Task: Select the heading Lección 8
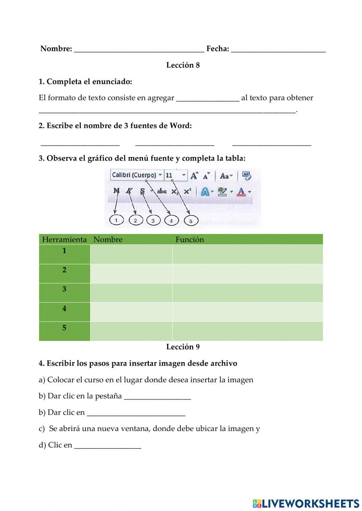point(183,65)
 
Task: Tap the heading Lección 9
point(183,347)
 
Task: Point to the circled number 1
point(116,220)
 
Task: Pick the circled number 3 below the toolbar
point(153,220)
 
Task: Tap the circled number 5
point(191,221)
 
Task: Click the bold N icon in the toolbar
point(116,191)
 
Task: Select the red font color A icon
point(241,191)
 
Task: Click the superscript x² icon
point(187,191)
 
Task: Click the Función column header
point(190,240)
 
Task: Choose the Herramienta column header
point(64,240)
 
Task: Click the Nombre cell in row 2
point(131,273)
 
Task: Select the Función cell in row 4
point(247,312)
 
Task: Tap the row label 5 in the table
point(64,328)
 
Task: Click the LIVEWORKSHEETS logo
point(306,503)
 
